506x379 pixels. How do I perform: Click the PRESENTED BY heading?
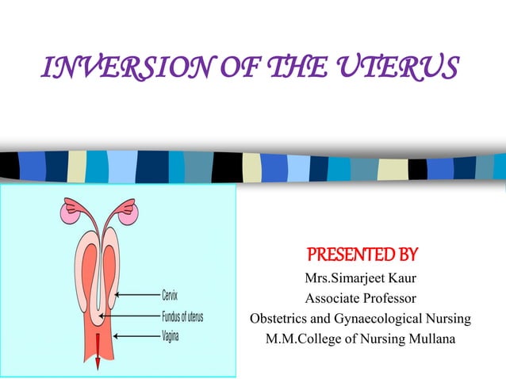(361, 256)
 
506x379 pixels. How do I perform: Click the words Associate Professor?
(360, 299)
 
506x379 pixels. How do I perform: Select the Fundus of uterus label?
(182, 317)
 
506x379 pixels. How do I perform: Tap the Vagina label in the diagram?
(170, 336)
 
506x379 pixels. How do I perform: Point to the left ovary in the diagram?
(66, 212)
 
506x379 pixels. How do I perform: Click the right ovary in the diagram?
(131, 212)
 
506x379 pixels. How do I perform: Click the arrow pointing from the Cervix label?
(136, 296)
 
